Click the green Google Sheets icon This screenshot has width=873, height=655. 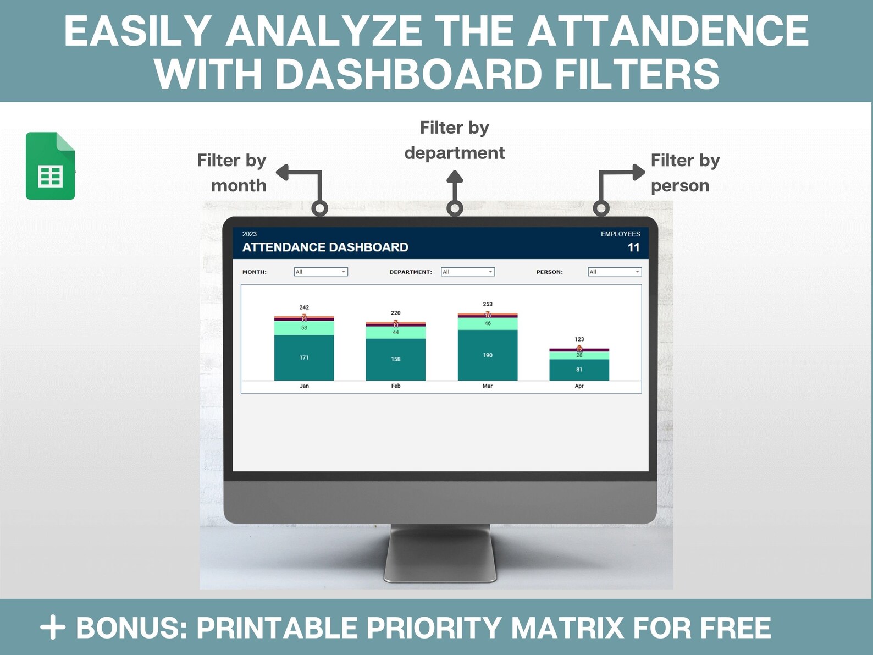50,166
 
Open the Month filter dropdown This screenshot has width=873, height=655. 321,272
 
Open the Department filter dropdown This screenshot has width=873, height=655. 468,272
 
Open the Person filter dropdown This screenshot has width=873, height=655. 615,272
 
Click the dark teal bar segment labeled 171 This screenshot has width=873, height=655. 304,357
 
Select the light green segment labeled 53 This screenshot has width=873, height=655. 304,328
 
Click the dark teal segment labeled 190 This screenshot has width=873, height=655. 488,355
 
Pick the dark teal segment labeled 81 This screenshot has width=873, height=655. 579,370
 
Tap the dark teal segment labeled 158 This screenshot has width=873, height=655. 396,359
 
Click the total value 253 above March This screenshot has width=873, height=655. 488,304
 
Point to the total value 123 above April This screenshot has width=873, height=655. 579,339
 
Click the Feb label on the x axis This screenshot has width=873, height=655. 396,386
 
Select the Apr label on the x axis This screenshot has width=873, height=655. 579,386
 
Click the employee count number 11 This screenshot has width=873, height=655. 633,247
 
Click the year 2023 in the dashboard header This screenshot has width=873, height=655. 250,234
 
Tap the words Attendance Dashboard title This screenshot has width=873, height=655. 325,247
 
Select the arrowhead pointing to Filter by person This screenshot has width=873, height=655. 638,172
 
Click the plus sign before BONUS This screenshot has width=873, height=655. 53,628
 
